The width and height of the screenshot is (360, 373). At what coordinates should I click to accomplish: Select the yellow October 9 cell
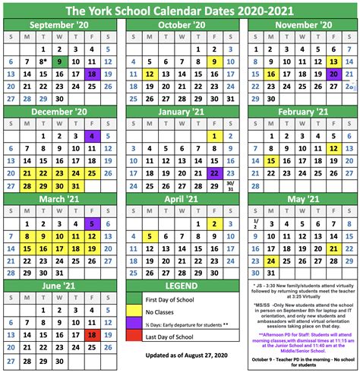click(215, 62)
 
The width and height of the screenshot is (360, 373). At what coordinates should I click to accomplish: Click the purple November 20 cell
click(333, 74)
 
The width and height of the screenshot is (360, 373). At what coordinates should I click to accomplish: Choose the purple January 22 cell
click(215, 173)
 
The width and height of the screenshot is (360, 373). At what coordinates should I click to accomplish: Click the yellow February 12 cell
click(333, 148)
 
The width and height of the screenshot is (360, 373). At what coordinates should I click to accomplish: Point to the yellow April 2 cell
click(215, 223)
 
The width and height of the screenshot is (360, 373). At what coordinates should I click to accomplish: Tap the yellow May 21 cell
click(333, 248)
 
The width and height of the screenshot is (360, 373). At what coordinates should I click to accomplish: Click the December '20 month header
click(60, 111)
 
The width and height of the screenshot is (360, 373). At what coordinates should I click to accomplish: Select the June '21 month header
click(60, 285)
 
